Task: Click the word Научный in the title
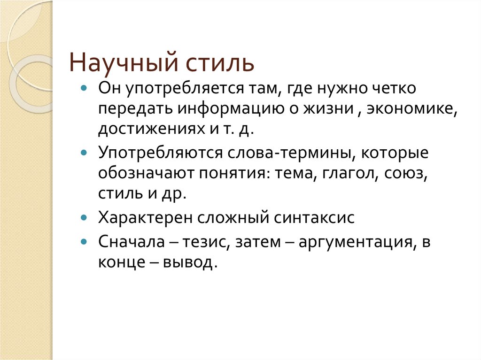118,62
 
